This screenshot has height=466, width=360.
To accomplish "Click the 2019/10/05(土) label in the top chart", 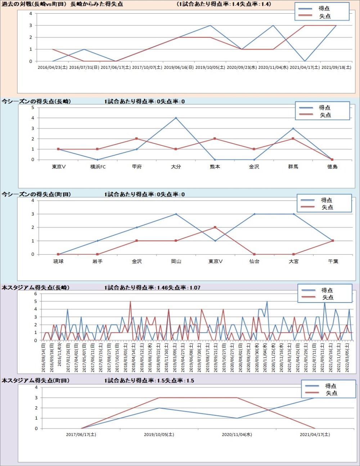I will [210, 67].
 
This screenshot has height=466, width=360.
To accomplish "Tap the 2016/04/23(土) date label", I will [53, 67].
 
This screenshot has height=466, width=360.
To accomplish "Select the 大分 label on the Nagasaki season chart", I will [176, 167].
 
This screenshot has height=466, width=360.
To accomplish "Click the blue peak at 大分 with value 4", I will [176, 118].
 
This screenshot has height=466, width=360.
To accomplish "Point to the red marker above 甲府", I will [136, 139].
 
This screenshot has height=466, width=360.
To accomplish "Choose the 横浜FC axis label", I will [98, 167].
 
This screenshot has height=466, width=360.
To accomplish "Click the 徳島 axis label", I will [332, 167].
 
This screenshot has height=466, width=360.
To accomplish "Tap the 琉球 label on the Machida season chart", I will [58, 261].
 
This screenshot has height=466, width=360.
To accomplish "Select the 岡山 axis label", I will [176, 261].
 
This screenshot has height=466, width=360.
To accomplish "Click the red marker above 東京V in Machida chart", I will [215, 227].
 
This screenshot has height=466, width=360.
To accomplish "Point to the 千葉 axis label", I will [333, 261].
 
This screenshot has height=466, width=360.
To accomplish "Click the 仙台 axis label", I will [255, 261].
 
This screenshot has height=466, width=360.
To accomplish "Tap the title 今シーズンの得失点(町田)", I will [36, 194].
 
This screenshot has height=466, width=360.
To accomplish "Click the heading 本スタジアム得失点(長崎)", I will [36, 288].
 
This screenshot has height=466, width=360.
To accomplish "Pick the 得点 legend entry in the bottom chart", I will [330, 386].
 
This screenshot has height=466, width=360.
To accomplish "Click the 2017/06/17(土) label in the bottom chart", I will [81, 435].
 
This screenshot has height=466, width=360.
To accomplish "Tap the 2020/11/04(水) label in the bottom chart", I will [237, 435].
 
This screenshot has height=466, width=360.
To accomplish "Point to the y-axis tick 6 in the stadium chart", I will [36, 294].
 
